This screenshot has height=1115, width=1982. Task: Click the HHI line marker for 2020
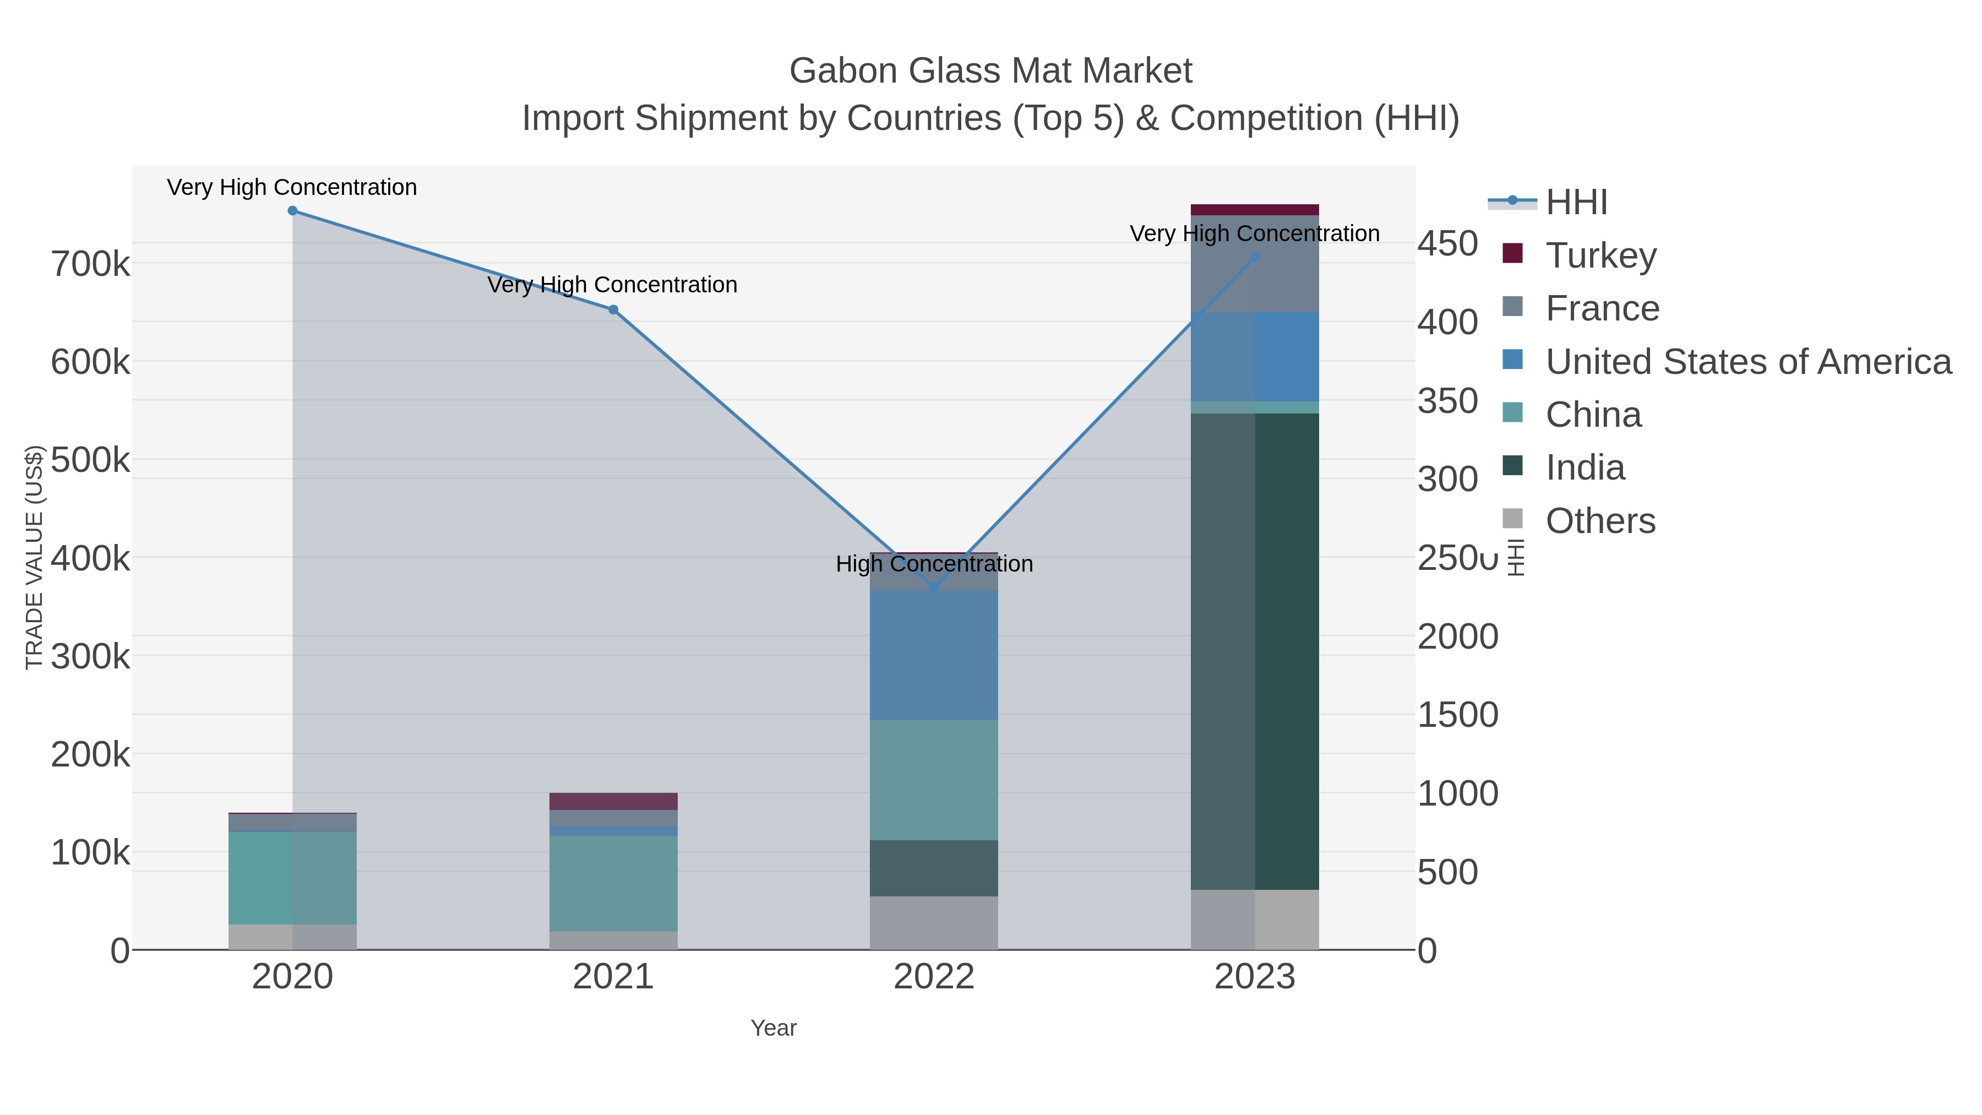point(292,211)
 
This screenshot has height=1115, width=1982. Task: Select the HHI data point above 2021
point(613,310)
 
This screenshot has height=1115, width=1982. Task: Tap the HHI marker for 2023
point(1255,257)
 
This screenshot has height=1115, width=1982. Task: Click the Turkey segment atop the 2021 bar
point(613,801)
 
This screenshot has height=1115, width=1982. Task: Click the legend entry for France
point(1602,308)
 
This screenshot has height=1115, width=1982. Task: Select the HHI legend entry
point(1576,203)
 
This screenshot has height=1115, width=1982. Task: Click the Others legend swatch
point(1512,519)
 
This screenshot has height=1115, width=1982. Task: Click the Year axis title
point(774,1028)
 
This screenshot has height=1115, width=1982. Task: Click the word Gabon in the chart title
point(842,71)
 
